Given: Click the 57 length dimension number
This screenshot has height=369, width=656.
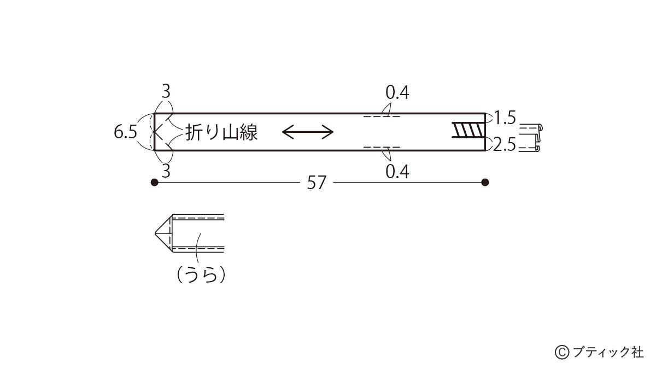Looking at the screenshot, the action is click(x=317, y=183).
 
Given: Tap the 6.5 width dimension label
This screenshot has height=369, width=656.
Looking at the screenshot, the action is click(x=125, y=132).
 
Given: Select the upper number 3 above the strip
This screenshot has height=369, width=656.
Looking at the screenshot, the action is click(x=166, y=92).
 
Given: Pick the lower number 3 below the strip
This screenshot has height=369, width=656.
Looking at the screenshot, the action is click(x=166, y=171).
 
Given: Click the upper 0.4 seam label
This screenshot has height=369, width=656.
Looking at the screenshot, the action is click(x=397, y=92).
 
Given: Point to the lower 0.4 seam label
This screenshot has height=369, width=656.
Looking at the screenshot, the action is click(x=397, y=172).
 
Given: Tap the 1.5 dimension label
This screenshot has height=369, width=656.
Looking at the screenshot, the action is click(x=505, y=118).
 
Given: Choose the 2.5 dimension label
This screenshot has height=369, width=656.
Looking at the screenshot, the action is click(x=504, y=145).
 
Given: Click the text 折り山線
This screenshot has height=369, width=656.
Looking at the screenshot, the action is click(x=222, y=132).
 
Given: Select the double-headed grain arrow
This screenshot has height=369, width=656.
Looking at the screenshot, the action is click(x=307, y=132).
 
